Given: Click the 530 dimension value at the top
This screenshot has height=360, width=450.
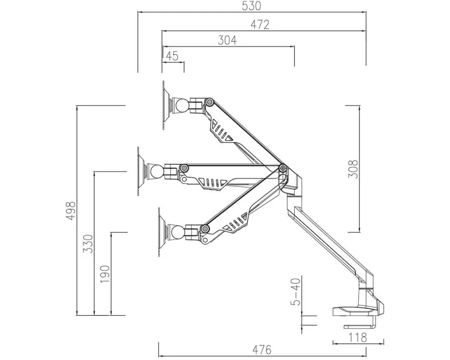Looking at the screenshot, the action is pos(252,6).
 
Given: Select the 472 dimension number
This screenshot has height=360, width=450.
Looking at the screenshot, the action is pos(260,25).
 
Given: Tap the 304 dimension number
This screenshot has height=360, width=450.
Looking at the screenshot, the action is pos(227,40).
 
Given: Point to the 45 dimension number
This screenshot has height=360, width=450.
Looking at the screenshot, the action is pos(172,56).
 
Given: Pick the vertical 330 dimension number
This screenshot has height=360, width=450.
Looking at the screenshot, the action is pos(88,244).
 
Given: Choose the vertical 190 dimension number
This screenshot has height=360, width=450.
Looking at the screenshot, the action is pos(105,274).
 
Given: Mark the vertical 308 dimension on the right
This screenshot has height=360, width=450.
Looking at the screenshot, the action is pos(353,169).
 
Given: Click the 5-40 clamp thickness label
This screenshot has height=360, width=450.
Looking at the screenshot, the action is pos(297,291).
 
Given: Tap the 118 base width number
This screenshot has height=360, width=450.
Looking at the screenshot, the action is pos(358,337).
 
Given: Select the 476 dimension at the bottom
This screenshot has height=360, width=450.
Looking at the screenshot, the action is pos(262,350).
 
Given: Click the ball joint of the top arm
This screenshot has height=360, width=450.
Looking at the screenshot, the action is pos(181,106).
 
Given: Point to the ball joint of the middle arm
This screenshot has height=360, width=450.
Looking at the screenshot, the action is pos(156,171).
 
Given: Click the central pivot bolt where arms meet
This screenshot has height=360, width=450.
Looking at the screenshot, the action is pos(283,167).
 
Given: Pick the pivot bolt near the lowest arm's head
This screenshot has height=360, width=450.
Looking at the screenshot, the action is pos(205,229).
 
